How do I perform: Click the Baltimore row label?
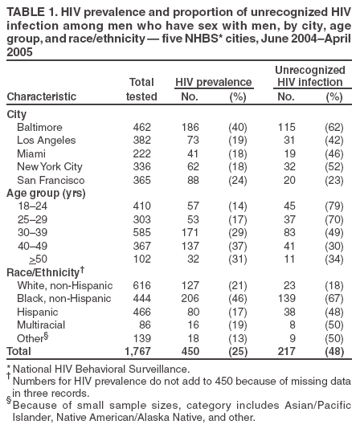(x=39, y=128)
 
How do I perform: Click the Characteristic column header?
(x=42, y=97)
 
